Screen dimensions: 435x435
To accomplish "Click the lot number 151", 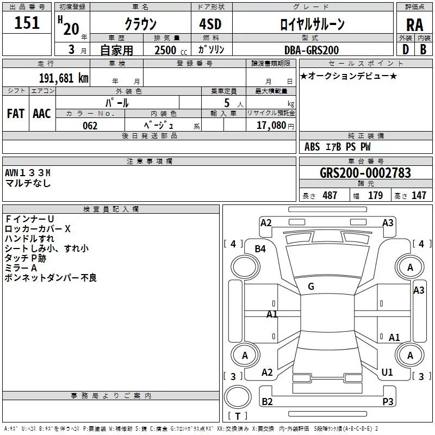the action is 27,23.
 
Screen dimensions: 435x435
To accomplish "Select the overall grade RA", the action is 414,25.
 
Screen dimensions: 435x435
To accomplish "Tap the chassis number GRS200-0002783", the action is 365,173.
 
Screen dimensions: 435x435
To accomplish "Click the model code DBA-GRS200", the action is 311,50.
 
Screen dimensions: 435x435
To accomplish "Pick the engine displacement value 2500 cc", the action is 168,50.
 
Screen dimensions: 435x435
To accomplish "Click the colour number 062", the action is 90,126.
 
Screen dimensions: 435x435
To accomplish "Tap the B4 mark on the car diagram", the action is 260,248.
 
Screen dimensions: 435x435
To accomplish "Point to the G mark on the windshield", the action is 311,287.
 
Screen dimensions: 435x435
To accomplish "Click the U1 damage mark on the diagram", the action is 387,372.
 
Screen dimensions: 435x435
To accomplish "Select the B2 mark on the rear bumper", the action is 267,401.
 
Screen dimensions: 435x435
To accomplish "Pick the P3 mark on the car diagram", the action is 388,401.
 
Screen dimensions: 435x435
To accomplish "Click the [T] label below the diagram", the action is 237,417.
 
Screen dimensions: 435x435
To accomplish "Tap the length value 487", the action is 330,196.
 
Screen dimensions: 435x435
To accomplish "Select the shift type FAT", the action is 16,114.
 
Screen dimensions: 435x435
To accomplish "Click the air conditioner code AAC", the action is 42,114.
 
